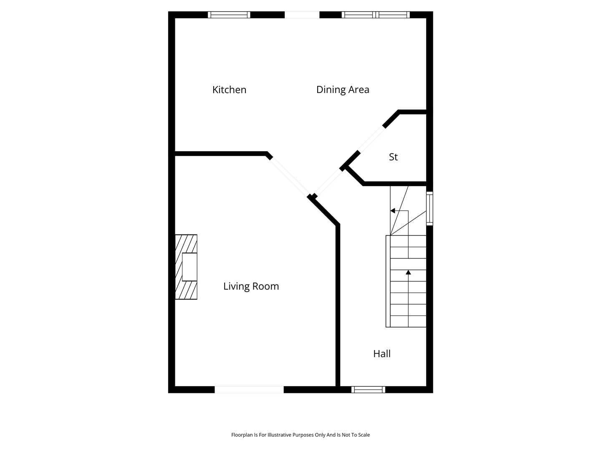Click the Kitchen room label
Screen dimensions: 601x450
229,90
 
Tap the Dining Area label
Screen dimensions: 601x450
343,90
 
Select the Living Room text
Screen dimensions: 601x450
251,286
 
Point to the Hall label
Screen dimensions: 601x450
382,354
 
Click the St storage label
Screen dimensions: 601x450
393,157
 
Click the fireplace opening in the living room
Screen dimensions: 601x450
189,267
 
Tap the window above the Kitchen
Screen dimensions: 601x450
229,15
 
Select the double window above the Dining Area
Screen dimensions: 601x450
376,15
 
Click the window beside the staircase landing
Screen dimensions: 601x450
429,208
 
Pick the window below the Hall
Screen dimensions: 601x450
368,390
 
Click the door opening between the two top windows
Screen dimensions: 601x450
302,15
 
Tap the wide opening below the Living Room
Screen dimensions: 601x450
249,390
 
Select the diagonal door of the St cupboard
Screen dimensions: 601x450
371,139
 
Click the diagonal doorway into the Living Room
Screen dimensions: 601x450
289,177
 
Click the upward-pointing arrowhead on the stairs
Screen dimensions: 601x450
408,272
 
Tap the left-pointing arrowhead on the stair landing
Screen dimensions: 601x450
393,211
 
